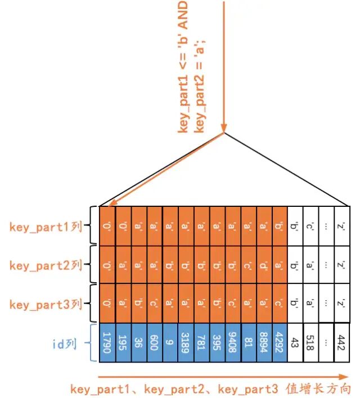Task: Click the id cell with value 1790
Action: tap(107, 342)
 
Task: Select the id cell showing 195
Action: tap(123, 342)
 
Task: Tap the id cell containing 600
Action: tap(155, 342)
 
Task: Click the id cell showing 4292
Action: tap(280, 342)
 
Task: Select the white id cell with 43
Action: tap(295, 342)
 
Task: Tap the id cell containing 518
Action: tap(310, 342)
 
